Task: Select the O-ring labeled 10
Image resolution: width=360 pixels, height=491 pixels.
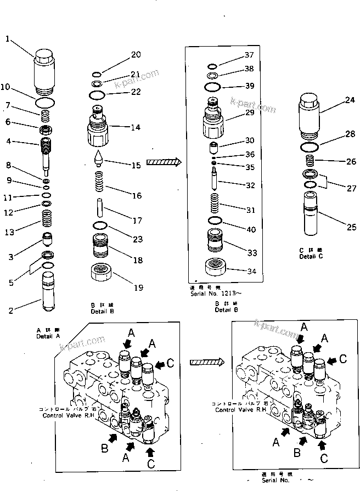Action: (45, 103)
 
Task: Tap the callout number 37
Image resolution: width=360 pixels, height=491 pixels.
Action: (249, 54)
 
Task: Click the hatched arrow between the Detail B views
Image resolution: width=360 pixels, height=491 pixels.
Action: (164, 162)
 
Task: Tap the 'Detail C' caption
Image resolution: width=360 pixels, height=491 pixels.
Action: (311, 257)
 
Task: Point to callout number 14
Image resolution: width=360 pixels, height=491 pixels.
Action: (135, 127)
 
